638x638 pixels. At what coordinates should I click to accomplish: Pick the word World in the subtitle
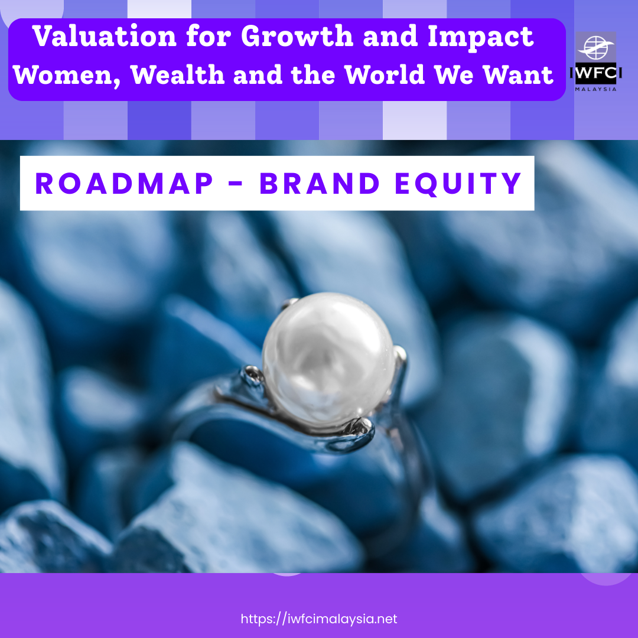click(390, 75)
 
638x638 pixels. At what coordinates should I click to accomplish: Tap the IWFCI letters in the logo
click(596, 77)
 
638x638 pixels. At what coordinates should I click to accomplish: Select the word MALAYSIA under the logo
click(596, 89)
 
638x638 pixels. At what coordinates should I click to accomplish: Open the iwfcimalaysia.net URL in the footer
click(319, 619)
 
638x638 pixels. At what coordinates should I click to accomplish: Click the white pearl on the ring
click(328, 354)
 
